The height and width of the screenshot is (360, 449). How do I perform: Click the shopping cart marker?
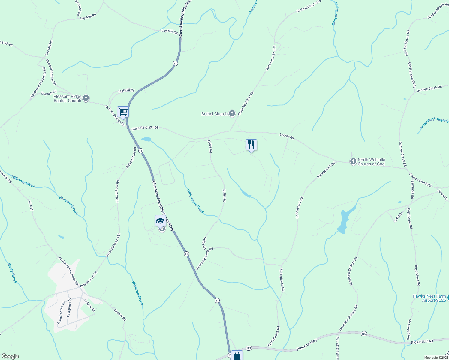[123, 112]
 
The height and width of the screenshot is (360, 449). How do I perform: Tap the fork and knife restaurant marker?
[251, 145]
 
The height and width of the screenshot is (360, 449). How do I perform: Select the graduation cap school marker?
[160, 221]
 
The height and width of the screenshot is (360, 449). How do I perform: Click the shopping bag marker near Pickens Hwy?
[237, 356]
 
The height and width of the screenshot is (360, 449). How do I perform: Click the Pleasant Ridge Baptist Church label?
[68, 98]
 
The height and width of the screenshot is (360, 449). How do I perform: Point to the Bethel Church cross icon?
[232, 113]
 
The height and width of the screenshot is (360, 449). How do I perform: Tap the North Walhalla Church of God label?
[371, 162]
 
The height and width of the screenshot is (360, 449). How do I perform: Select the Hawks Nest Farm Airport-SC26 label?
[429, 298]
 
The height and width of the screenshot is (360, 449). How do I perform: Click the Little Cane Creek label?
[196, 201]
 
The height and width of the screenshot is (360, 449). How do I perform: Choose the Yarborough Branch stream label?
[434, 124]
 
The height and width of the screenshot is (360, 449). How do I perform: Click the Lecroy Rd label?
[287, 136]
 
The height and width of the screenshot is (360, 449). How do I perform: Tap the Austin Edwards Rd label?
[204, 258]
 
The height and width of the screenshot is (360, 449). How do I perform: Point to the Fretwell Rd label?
[126, 91]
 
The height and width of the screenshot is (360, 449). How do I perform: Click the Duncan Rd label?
[49, 93]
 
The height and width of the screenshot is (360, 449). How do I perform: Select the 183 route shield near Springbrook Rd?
[248, 348]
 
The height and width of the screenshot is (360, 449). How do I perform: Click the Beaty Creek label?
[12, 273]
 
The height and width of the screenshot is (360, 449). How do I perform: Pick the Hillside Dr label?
[89, 306]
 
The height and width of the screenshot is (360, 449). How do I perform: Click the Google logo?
[10, 356]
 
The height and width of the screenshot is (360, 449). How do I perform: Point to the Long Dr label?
[398, 216]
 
